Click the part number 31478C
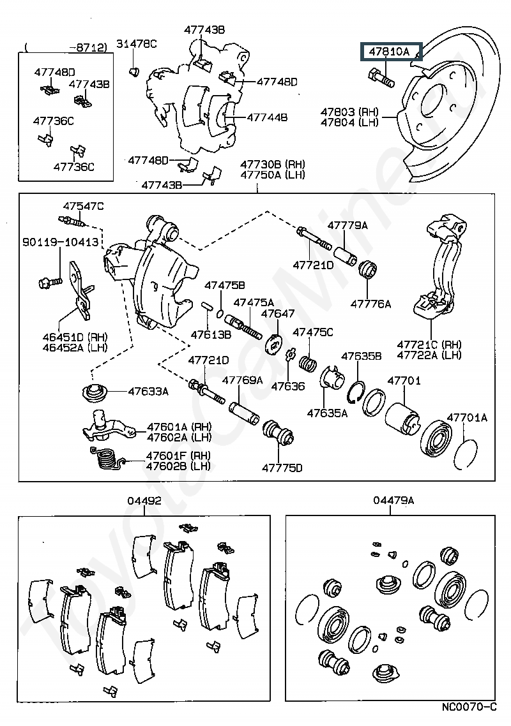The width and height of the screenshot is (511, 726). click(x=136, y=43)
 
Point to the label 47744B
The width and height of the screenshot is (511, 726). click(x=267, y=117)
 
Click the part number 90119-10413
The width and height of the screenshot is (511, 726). click(x=61, y=242)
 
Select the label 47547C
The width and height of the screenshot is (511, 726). click(x=83, y=205)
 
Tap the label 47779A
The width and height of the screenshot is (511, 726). click(x=347, y=225)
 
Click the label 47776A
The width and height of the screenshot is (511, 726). click(x=370, y=304)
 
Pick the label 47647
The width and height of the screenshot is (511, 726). click(x=278, y=313)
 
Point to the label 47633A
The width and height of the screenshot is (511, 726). click(x=148, y=392)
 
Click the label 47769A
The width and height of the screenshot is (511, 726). click(x=242, y=381)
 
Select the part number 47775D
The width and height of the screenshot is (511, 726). click(x=282, y=468)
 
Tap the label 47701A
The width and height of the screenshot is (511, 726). click(x=466, y=418)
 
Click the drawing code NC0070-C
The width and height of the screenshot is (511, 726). click(x=469, y=707)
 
